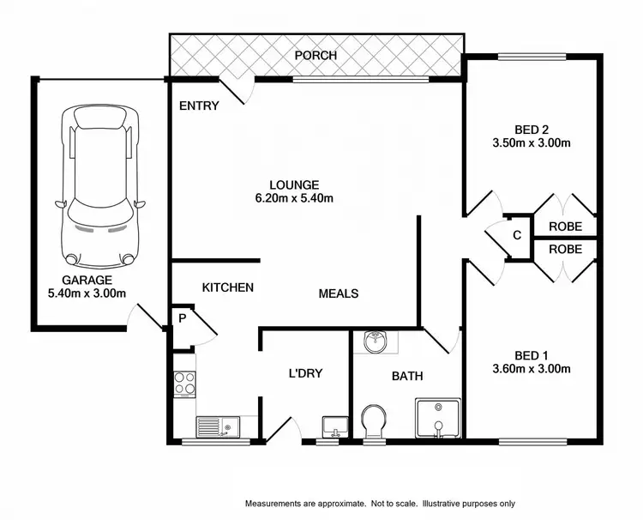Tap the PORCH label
coord(315,56)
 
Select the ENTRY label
coord(199,106)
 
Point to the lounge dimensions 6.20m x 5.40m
coord(294,198)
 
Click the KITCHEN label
coord(227,287)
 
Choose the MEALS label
coord(338,293)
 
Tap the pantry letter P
coord(182,317)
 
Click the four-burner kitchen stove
coord(184,382)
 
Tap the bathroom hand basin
coord(375,342)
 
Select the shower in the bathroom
coord(438,418)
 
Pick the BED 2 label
coord(532,130)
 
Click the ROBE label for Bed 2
coord(565,227)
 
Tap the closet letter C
coord(517,235)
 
